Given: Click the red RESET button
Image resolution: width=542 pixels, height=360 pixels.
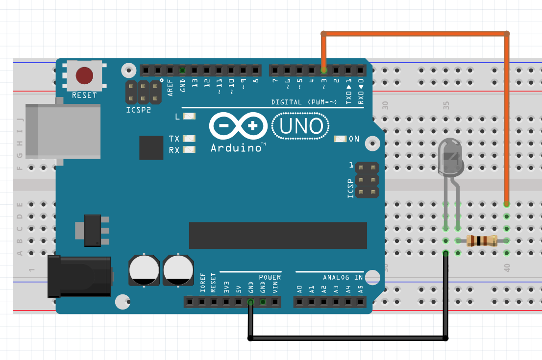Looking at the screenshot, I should pos(84,76).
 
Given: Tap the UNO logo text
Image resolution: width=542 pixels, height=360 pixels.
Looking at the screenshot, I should pos(300,126).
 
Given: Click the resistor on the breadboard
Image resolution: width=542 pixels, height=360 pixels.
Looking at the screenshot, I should pos(482,240).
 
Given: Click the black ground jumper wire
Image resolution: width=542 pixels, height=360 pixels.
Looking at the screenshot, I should pos(348,338).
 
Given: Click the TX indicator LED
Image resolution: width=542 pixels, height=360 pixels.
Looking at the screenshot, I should pos(189,139).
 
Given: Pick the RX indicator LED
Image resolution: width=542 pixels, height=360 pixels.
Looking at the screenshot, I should pos(189,150).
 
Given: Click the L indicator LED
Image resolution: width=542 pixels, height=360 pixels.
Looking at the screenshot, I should pos(189,117).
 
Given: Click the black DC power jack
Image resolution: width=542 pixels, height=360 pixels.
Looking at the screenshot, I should pos(78,277).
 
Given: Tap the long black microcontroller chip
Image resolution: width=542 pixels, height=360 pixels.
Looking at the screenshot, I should pos(278,235).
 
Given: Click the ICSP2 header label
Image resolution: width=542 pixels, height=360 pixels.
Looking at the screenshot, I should pos(139,110).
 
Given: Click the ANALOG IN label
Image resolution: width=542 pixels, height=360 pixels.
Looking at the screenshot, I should pos(343,277).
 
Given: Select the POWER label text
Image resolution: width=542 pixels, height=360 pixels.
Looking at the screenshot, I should pos(270,277).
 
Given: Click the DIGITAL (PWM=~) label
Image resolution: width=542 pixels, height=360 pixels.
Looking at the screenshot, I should pos(304,102).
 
